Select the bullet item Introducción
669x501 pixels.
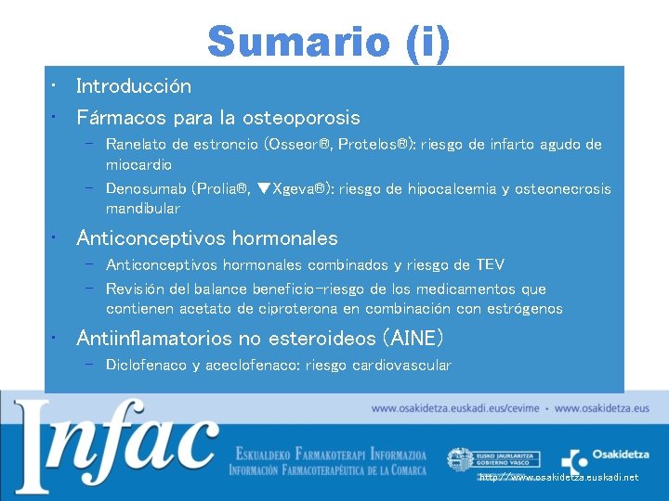coord(134,86)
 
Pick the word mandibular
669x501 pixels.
coord(142,209)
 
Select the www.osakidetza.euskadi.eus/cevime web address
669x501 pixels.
coord(453,408)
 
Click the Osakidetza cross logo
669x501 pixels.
coord(575,461)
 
